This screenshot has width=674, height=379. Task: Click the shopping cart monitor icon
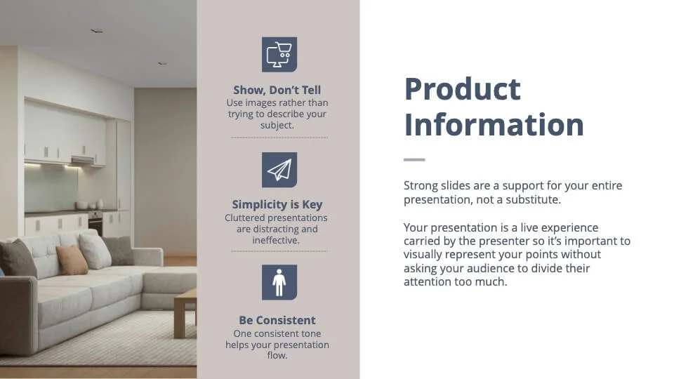279,55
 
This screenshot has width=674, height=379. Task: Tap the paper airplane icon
279,170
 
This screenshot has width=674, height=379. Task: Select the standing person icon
279,282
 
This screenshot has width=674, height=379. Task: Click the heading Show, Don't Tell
277,90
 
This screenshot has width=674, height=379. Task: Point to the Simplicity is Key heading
277,204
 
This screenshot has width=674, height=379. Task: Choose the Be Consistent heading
277,320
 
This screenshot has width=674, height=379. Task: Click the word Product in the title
463,89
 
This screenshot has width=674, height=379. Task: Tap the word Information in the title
494,125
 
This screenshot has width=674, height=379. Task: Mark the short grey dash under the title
414,159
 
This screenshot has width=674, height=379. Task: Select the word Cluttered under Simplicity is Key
246,218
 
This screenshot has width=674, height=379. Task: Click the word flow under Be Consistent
276,355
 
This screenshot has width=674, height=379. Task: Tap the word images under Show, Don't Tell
258,103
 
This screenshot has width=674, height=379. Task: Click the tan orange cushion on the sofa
72,260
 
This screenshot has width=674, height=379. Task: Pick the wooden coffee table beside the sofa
185,314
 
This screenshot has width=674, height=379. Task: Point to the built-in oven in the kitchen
95,222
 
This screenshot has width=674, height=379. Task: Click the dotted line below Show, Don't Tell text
279,138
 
